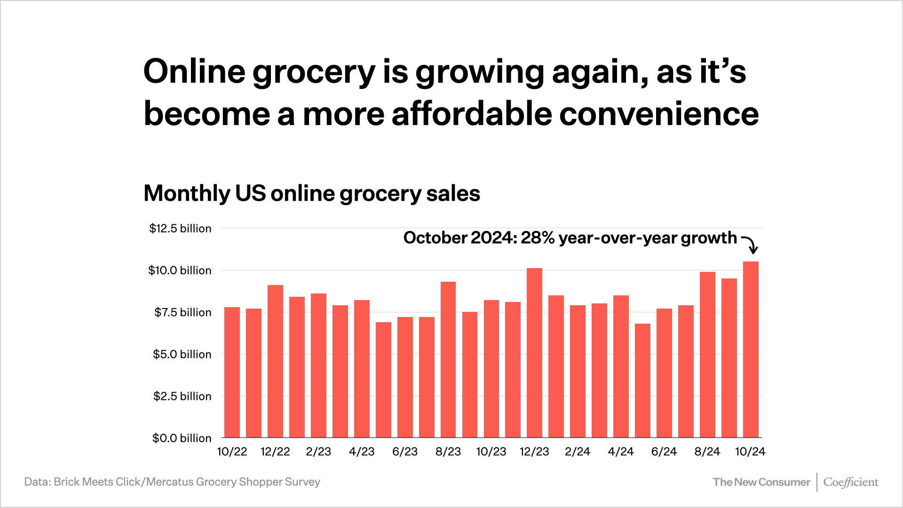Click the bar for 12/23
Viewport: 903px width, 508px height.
(534, 353)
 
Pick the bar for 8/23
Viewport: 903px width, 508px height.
(448, 360)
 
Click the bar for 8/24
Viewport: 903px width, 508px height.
(707, 355)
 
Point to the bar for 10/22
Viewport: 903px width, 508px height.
(232, 372)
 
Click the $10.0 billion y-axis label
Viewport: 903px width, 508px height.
(180, 270)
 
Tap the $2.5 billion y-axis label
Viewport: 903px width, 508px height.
(182, 396)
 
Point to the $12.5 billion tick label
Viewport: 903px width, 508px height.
(180, 229)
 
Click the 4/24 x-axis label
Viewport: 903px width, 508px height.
(621, 452)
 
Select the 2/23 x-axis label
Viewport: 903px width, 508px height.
(318, 452)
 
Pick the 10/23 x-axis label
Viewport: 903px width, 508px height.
(491, 452)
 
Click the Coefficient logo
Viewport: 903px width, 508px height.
(850, 482)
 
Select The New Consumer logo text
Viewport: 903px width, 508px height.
(761, 482)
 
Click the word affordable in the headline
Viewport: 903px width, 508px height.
(472, 114)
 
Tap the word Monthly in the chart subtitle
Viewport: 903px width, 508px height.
(187, 193)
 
